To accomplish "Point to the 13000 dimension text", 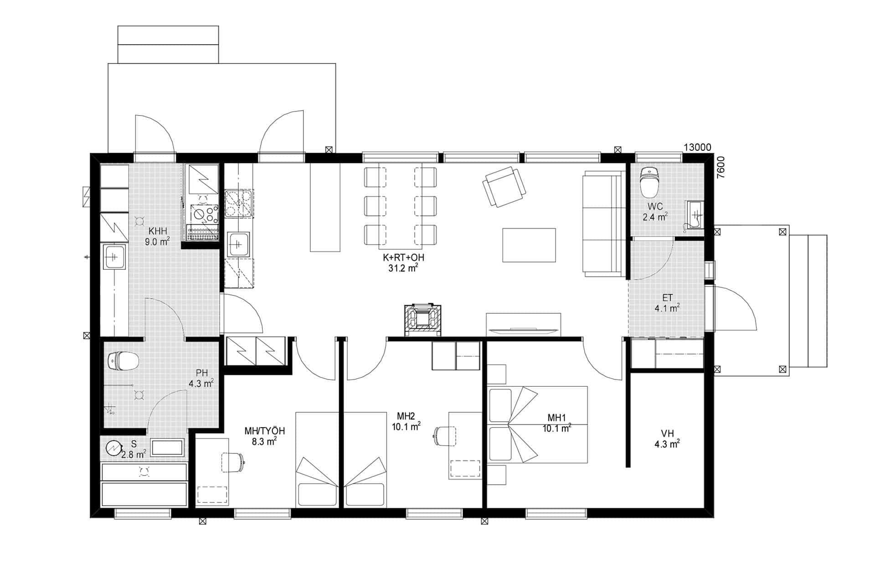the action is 697,147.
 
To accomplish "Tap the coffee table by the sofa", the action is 529,245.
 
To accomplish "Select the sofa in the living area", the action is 604,224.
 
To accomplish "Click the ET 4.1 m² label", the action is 668,303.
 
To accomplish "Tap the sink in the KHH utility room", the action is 114,257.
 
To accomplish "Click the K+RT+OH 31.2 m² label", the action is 403,263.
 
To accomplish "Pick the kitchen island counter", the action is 325,207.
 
